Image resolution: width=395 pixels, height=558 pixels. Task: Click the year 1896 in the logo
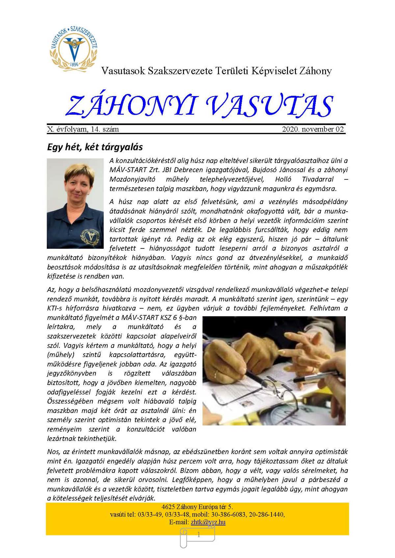(74, 64)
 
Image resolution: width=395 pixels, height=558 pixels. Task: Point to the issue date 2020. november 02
(313, 129)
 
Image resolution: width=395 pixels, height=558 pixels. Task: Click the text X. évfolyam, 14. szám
(83, 129)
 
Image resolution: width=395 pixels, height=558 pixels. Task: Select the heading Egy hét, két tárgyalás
(95, 147)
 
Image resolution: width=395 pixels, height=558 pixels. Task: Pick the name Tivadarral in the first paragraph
(317, 179)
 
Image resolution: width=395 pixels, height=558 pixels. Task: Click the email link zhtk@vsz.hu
(208, 522)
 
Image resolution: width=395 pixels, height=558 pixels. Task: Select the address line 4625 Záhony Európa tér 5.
(197, 507)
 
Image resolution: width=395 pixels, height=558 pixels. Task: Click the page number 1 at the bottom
(198, 535)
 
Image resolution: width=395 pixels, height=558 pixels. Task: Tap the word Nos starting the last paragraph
(53, 452)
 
